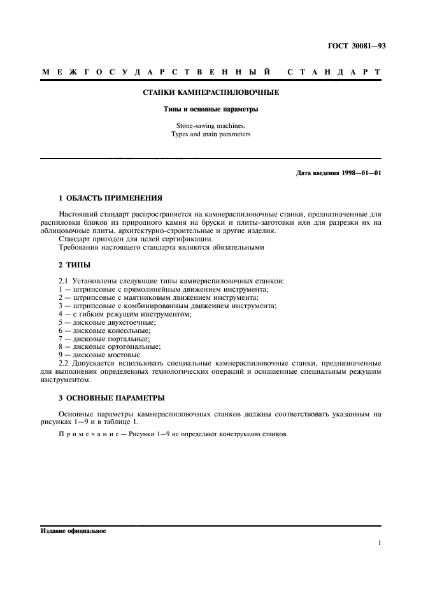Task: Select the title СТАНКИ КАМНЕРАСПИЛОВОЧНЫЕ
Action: point(210,93)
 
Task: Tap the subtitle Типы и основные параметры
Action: point(210,109)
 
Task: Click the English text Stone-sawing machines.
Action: point(210,126)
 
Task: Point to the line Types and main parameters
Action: point(210,134)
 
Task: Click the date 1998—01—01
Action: point(358,173)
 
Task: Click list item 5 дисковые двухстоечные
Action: point(107,322)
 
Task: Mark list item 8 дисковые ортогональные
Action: point(110,347)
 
